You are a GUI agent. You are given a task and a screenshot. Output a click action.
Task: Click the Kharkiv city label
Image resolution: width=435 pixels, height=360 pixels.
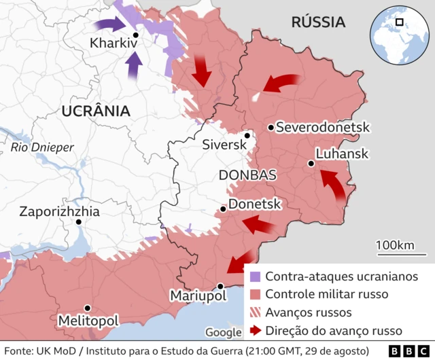tap(114, 44)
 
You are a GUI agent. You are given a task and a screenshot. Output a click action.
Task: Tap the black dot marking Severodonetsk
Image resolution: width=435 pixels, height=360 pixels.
tap(271, 127)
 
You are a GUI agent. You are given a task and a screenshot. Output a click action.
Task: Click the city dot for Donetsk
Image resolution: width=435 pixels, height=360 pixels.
tap(224, 209)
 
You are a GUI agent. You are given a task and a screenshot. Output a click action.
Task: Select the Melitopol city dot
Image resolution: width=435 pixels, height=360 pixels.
tap(87, 308)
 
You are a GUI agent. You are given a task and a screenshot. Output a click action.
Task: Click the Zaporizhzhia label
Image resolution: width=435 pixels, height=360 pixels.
tap(60, 211)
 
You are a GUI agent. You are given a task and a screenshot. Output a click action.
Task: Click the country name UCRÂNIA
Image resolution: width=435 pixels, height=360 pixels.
tap(94, 111)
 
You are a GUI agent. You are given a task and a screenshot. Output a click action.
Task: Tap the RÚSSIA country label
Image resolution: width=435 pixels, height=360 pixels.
tap(317, 22)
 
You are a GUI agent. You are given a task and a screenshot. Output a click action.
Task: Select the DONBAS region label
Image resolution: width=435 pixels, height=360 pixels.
tap(247, 175)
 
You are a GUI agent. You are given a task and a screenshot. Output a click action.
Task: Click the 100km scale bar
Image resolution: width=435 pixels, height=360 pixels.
tap(398, 254)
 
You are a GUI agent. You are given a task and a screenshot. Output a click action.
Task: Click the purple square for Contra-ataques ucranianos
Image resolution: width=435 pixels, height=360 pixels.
tap(255, 276)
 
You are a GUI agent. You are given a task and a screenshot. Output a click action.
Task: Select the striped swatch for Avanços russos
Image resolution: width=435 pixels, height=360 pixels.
tap(255, 312)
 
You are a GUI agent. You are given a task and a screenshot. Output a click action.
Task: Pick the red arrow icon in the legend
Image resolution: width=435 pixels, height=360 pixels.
tap(255, 331)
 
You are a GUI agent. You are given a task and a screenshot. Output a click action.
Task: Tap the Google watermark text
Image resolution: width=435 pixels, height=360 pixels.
tap(223, 332)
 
